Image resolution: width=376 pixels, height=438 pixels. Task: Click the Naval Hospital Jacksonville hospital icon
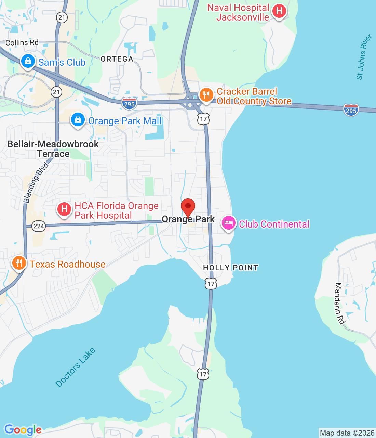pos(279,11)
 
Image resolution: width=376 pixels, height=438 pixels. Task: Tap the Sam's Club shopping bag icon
pos(28,61)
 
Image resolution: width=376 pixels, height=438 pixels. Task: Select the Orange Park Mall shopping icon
pos(78,120)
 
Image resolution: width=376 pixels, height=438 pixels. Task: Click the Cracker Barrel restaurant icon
pos(206,95)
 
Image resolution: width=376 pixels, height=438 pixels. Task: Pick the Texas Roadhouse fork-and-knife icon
pos(19,263)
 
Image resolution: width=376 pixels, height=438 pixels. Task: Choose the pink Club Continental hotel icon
pos(228,223)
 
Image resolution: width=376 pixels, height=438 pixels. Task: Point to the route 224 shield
pos(39,226)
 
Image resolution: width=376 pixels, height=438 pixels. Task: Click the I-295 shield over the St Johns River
pos(351,110)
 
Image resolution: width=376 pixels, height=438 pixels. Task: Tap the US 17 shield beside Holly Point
pos(211,284)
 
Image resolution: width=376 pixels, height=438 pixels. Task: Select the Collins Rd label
pos(22,43)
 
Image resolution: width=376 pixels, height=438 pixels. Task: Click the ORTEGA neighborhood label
pos(117,59)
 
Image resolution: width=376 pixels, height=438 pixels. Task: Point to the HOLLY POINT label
pos(231,268)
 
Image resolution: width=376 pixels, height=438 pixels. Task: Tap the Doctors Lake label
pos(75,368)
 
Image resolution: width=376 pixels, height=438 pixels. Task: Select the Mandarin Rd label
pos(340,303)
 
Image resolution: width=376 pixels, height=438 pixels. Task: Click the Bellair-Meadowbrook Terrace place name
pos(53,149)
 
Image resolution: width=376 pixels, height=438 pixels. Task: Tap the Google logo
pos(23,430)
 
